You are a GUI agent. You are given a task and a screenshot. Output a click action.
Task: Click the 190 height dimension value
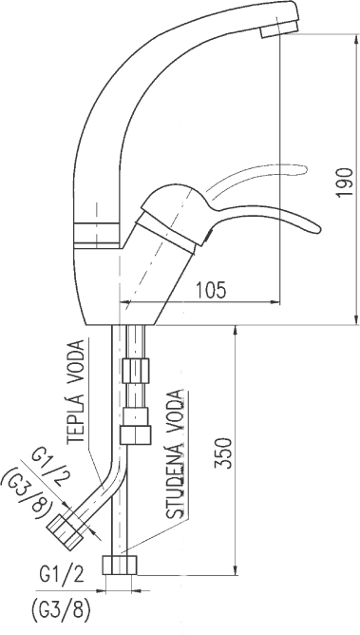(x=344, y=182)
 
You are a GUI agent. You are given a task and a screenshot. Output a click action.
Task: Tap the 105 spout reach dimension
(x=211, y=290)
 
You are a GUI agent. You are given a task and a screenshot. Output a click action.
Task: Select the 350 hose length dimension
(x=223, y=452)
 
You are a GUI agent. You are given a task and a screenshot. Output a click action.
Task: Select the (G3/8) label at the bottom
(x=60, y=610)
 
